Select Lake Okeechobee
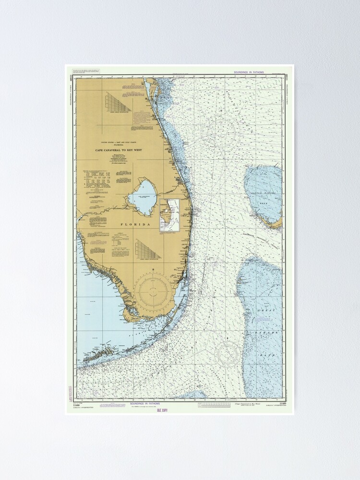[143, 197]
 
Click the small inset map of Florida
[169, 216]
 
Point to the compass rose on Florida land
[153, 290]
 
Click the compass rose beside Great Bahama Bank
[228, 354]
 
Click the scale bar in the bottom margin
[219, 405]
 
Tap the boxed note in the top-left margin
[79, 71]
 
